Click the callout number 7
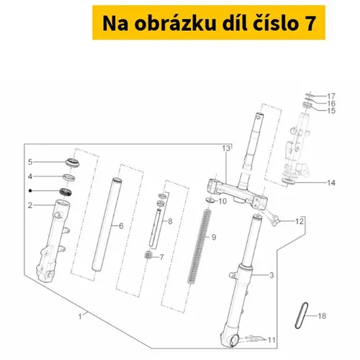[x=162, y=257]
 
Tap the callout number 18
[x=322, y=316]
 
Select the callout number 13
[x=226, y=148]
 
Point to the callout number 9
[x=214, y=237]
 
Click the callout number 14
[x=331, y=183]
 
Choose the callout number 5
[x=30, y=162]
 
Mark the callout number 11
[x=271, y=340]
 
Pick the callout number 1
[x=80, y=317]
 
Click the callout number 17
[x=331, y=96]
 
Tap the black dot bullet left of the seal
[x=30, y=191]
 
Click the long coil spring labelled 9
[x=199, y=246]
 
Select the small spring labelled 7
[x=148, y=255]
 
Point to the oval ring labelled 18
[x=302, y=316]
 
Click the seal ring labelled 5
[x=73, y=163]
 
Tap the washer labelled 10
[x=210, y=200]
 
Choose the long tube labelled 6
[x=107, y=225]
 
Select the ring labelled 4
[x=69, y=178]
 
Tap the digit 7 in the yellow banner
[x=310, y=24]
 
